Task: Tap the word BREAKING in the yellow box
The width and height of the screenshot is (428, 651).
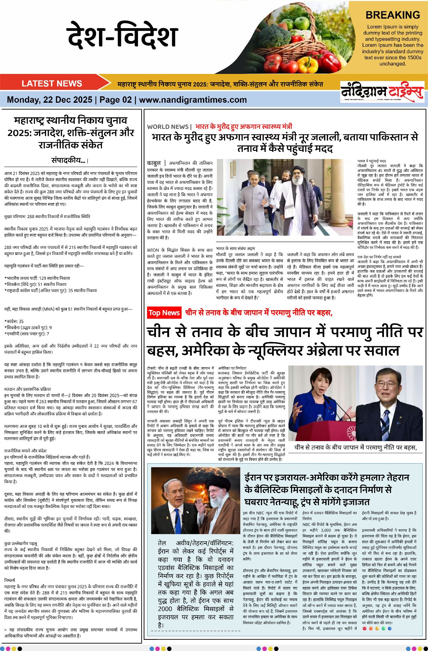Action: point(392,15)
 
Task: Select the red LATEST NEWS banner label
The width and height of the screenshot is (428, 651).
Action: point(52,83)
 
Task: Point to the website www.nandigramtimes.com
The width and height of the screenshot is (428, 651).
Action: point(193,100)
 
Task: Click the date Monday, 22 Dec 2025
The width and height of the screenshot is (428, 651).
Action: point(49,100)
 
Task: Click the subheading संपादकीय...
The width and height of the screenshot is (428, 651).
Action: point(70,160)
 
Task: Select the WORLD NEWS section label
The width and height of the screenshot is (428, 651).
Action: point(168,127)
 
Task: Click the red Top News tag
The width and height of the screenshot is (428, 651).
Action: point(164,313)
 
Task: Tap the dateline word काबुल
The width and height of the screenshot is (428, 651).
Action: point(154,163)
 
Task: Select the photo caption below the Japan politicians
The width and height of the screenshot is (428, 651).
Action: point(355,448)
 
